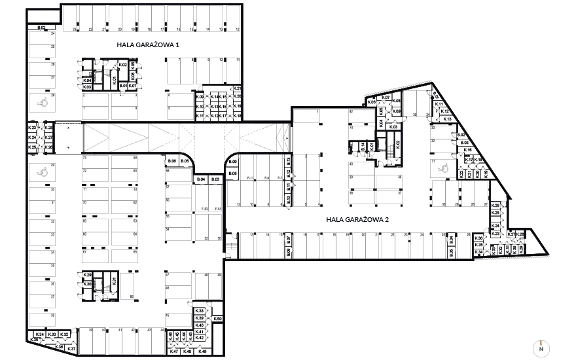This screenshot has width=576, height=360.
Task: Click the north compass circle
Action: pyautogui.click(x=541, y=348)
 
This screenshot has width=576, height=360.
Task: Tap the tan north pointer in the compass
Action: pyautogui.click(x=541, y=344)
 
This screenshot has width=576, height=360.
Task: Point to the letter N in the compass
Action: pyautogui.click(x=541, y=350)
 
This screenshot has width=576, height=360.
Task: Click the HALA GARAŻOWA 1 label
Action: pyautogui.click(x=149, y=45)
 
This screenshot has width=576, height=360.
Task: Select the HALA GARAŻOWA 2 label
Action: pyautogui.click(x=357, y=220)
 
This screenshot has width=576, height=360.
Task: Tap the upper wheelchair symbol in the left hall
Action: pyautogui.click(x=43, y=101)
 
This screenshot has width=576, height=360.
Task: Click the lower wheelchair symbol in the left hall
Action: pyautogui.click(x=43, y=172)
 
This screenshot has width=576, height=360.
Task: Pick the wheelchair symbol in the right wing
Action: pyautogui.click(x=444, y=168)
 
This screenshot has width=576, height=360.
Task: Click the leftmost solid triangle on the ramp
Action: pyautogui.click(x=98, y=138)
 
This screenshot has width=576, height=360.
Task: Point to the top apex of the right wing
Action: pyautogui.click(x=431, y=82)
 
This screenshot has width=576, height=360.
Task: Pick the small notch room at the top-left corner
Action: pyautogui.click(x=45, y=16)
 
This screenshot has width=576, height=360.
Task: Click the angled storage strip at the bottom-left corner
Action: pyautogui.click(x=51, y=336)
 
